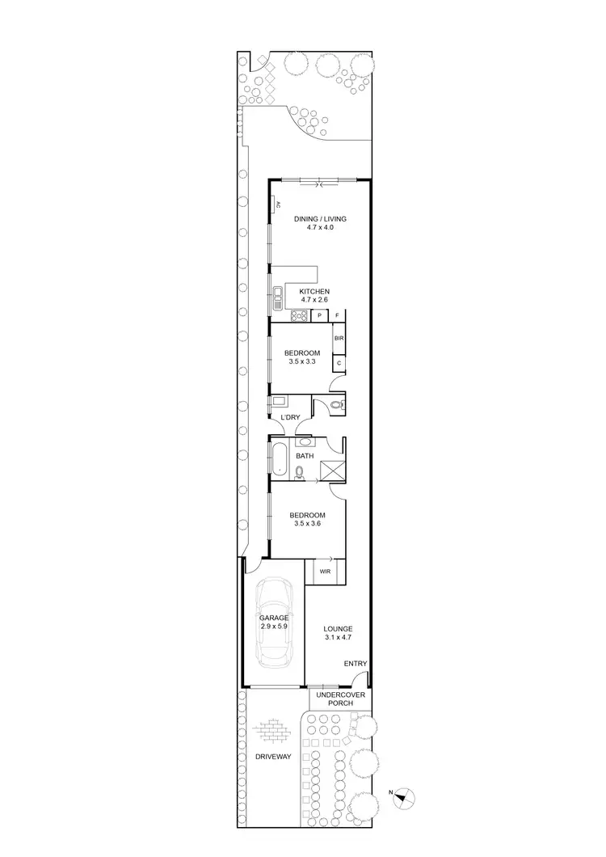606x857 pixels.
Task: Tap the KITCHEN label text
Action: [x=314, y=291]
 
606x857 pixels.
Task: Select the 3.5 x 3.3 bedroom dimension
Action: [x=301, y=362]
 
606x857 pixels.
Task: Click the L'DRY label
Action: [x=290, y=417]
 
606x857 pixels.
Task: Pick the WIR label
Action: [x=325, y=571]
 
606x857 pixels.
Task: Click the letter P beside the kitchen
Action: [x=320, y=315]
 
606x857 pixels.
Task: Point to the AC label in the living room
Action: [x=276, y=205]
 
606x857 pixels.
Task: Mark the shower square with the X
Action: [x=332, y=471]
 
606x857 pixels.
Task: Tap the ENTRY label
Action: [x=355, y=664]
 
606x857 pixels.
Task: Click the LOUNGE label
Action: [x=338, y=628]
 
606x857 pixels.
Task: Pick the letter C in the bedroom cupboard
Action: [x=339, y=364]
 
